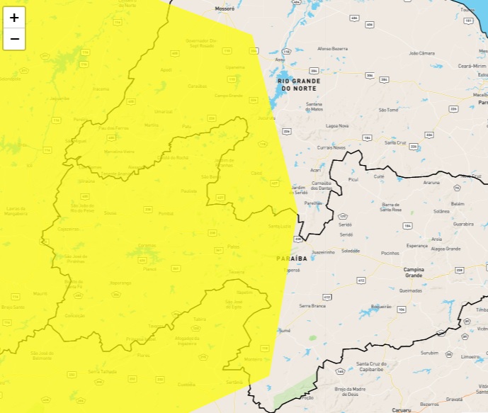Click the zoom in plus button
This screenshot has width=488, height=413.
pyautogui.click(x=14, y=18)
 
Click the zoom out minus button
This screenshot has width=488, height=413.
pyautogui.click(x=14, y=39)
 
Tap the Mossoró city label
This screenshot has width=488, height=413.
pyautogui.click(x=223, y=9)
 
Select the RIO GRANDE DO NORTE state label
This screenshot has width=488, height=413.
pyautogui.click(x=298, y=85)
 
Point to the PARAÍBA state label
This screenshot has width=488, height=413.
pyautogui.click(x=292, y=259)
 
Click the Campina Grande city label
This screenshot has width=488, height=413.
pyautogui.click(x=418, y=272)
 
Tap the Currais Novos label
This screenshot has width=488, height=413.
pyautogui.click(x=331, y=147)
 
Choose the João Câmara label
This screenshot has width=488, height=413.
pyautogui.click(x=423, y=53)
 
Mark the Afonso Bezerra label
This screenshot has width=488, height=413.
pyautogui.click(x=332, y=48)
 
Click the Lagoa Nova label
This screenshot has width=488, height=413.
pyautogui.click(x=337, y=125)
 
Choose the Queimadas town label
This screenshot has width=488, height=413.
pyautogui.click(x=410, y=290)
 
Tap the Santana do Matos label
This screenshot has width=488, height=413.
pyautogui.click(x=314, y=107)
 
